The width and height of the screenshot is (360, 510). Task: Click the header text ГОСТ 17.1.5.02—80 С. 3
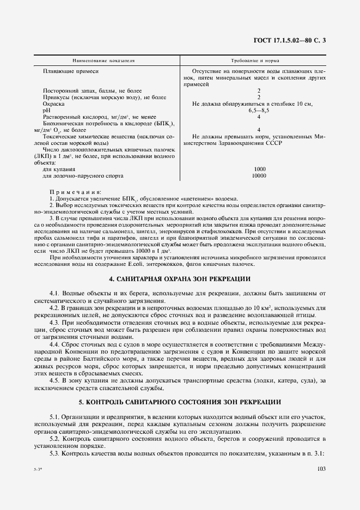click(x=292, y=39)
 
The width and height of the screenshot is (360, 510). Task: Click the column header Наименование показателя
click(x=104, y=60)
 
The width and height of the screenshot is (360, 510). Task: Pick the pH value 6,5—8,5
click(x=259, y=110)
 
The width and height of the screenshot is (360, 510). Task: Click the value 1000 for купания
click(x=259, y=169)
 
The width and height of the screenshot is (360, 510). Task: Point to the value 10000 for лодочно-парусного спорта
click(x=259, y=176)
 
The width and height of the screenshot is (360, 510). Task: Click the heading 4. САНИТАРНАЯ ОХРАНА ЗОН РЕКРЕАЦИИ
click(x=180, y=279)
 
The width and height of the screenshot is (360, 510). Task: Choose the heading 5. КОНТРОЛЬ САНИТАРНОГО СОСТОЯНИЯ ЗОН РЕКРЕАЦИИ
click(x=180, y=402)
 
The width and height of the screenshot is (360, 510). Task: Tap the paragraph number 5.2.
click(x=54, y=439)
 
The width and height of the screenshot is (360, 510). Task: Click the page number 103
click(x=321, y=468)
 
